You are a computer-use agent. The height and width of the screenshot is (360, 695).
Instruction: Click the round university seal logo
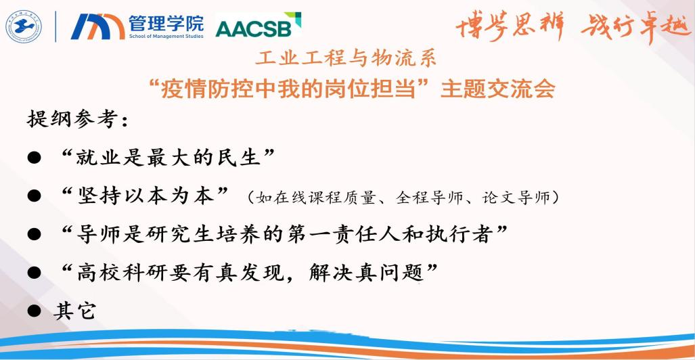[23, 26]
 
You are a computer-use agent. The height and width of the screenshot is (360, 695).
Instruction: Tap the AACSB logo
[258, 26]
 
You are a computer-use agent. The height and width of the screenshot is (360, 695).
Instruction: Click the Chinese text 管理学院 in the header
[166, 23]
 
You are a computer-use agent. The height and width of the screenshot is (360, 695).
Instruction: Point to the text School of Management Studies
[166, 36]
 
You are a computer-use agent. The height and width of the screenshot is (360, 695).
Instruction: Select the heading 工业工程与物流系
[346, 59]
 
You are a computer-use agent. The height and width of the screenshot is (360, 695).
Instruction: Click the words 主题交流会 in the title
[498, 88]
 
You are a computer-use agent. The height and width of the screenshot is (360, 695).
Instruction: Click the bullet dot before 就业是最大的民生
[34, 158]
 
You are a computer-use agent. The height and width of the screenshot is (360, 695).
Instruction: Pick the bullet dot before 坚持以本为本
[34, 196]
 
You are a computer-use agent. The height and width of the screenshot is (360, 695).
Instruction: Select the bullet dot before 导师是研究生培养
[34, 234]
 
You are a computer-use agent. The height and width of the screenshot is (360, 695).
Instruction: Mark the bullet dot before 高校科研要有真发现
[34, 273]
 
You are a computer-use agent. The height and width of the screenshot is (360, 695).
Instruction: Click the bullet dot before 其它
[34, 311]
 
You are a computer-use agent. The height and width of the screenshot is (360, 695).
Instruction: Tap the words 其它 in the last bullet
[74, 311]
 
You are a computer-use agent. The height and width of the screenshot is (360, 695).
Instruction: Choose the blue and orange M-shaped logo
[97, 26]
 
